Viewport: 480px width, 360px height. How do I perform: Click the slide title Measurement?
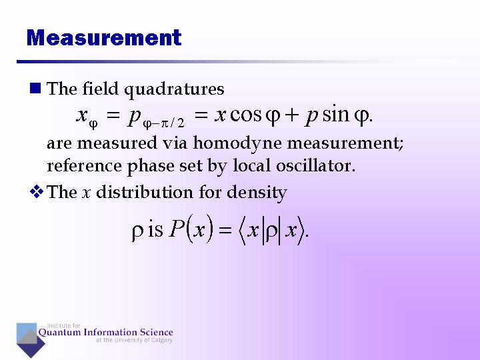pyautogui.click(x=104, y=37)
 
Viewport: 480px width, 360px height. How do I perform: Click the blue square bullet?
pyautogui.click(x=35, y=88)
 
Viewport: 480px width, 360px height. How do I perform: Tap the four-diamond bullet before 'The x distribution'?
pyautogui.click(x=37, y=191)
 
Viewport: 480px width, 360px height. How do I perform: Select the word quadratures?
pyautogui.click(x=174, y=90)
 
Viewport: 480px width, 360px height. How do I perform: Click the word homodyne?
pyautogui.click(x=237, y=143)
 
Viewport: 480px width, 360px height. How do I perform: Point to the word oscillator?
pyautogui.click(x=315, y=165)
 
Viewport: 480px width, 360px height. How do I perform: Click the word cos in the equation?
pyautogui.click(x=245, y=115)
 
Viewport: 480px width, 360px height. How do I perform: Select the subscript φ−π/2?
pyautogui.click(x=163, y=123)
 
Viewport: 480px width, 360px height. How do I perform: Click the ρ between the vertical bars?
pyautogui.click(x=271, y=232)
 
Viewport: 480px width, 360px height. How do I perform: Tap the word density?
pyautogui.click(x=257, y=193)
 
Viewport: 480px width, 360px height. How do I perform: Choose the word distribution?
pyautogui.click(x=145, y=192)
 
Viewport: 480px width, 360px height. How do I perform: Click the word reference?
pyautogui.click(x=84, y=166)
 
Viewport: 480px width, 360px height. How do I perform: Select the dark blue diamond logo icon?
pyautogui.click(x=31, y=343)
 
